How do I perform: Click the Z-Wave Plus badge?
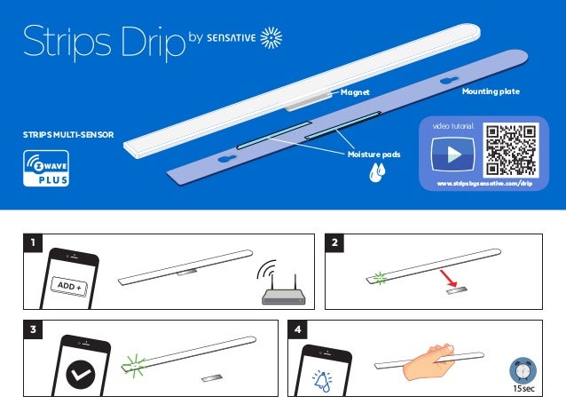(x=46, y=169)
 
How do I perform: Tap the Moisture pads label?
(x=373, y=154)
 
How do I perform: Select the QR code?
(x=511, y=149)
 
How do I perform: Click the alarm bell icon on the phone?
(x=322, y=379)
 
